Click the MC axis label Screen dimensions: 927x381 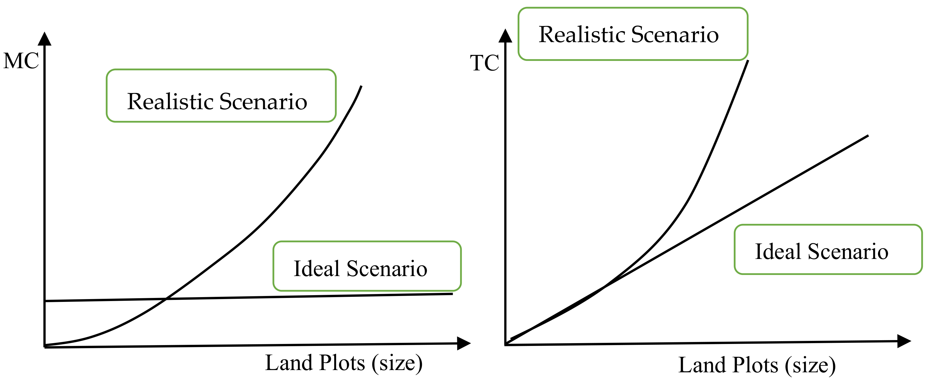coord(21,61)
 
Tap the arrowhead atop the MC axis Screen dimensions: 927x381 coord(45,38)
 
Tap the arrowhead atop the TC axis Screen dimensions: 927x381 coord(506,36)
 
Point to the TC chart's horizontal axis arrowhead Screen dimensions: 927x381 coord(904,341)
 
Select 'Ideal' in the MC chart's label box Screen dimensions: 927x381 coord(317,268)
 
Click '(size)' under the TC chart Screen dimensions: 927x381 coord(810,366)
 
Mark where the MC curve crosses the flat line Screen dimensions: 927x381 coord(166,299)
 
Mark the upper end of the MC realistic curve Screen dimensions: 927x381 coord(361,86)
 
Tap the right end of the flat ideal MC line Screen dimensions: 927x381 coord(452,294)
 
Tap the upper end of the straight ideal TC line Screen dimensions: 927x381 coord(868,136)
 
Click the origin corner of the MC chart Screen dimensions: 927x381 coord(45,347)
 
